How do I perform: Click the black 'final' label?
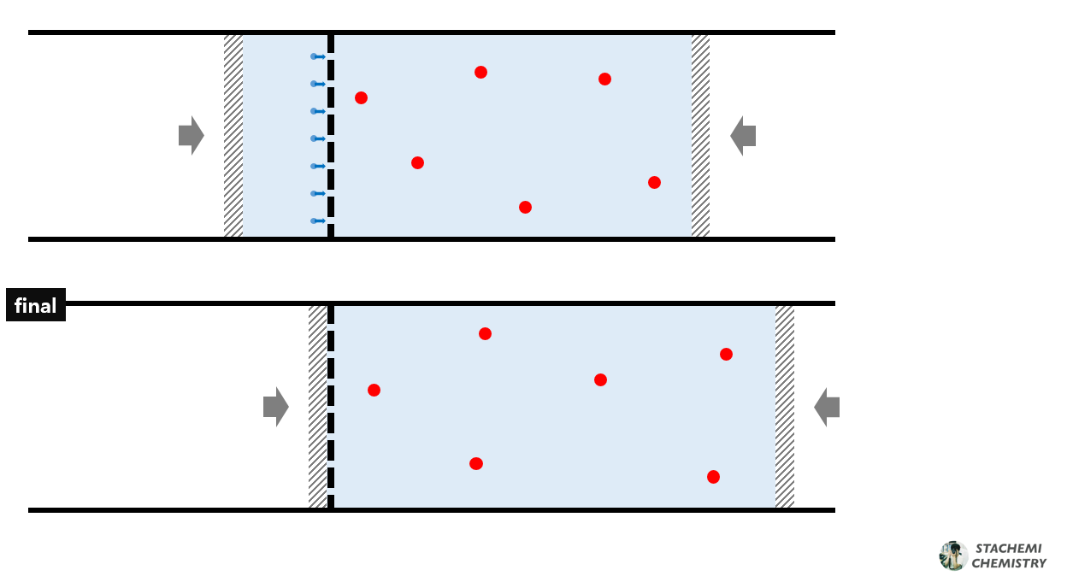(x=36, y=306)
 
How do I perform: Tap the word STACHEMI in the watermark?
(x=1010, y=549)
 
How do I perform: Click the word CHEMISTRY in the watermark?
(x=1009, y=563)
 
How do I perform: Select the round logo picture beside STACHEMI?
(x=953, y=556)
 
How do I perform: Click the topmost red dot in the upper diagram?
(x=480, y=73)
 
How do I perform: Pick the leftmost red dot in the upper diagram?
(x=361, y=98)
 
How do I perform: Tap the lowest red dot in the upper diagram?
(x=525, y=207)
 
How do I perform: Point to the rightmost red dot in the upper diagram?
(x=654, y=182)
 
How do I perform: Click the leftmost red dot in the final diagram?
(x=374, y=391)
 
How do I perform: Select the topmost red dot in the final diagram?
(x=485, y=333)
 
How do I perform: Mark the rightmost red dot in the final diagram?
(x=726, y=355)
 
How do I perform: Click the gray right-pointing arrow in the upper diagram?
(x=191, y=135)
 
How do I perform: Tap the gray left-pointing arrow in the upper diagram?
(x=743, y=135)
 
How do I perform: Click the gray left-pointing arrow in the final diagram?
(x=827, y=407)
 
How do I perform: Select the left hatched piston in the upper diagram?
(x=233, y=135)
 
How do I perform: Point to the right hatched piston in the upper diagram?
(x=700, y=135)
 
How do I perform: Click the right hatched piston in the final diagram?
(x=785, y=407)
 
